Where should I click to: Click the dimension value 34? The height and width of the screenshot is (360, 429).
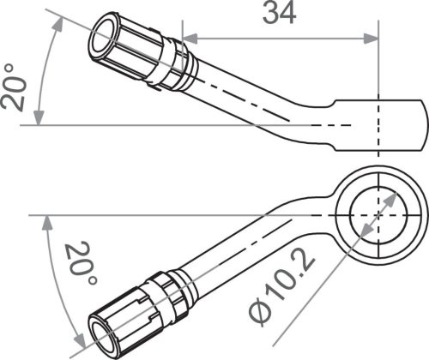[280, 15]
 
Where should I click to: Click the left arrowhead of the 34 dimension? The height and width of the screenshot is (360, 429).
[188, 38]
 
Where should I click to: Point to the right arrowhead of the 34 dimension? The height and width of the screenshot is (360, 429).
[372, 38]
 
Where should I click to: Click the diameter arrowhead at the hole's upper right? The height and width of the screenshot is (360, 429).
[394, 196]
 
